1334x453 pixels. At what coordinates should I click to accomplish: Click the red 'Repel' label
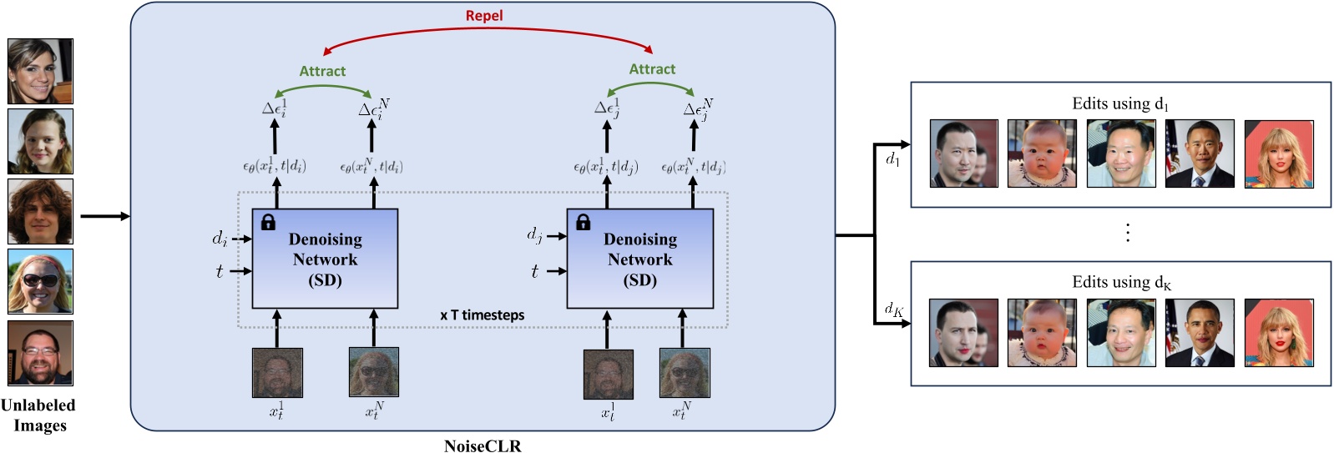[x=484, y=16]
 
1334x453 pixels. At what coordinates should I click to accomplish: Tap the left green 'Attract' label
[x=322, y=72]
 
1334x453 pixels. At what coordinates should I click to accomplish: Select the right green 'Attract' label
[x=652, y=69]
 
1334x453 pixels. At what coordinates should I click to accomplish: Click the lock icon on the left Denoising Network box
[x=268, y=222]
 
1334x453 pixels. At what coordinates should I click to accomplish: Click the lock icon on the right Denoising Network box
[x=583, y=222]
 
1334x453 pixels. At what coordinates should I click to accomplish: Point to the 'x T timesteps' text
[x=483, y=315]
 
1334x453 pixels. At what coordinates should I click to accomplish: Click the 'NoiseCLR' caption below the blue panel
[x=483, y=445]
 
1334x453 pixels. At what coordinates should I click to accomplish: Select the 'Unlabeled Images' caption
[x=38, y=415]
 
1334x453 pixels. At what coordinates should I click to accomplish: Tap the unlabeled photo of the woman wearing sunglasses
[x=40, y=281]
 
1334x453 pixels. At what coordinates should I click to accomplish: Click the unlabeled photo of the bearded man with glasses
[x=40, y=352]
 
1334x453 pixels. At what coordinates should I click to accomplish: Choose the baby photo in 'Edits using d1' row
[x=1042, y=154]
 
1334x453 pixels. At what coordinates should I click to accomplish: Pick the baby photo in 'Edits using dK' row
[x=1042, y=333]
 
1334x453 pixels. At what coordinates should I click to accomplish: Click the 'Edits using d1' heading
[x=1120, y=104]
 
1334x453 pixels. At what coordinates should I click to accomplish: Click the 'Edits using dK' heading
[x=1120, y=283]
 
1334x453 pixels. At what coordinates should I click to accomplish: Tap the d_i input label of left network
[x=220, y=239]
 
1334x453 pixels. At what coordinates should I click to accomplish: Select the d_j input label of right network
[x=534, y=235]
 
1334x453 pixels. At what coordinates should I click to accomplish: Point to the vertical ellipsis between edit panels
[x=1128, y=232]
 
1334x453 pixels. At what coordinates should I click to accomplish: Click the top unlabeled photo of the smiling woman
[x=40, y=71]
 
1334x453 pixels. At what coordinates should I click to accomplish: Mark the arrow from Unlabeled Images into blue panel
[x=104, y=217]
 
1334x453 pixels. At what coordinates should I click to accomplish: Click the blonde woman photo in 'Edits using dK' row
[x=1278, y=333]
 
